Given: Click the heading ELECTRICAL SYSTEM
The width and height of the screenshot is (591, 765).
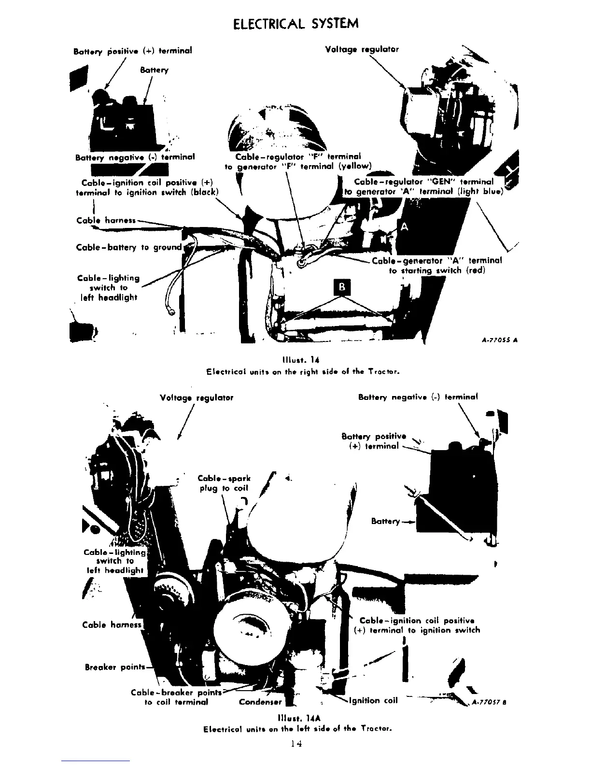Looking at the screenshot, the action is (x=295, y=24).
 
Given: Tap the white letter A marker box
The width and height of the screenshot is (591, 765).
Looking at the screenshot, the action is (x=404, y=227).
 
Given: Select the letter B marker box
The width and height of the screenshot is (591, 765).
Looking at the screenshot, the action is (x=342, y=287).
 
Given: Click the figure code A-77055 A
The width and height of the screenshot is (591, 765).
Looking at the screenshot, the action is (x=500, y=340).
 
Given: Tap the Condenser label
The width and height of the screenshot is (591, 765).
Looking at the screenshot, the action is (x=261, y=702).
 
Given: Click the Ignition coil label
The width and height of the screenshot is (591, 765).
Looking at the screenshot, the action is (x=376, y=701).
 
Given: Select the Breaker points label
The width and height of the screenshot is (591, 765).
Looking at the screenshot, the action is (x=115, y=667).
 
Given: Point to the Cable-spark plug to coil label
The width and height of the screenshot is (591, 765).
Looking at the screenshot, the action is (x=224, y=483).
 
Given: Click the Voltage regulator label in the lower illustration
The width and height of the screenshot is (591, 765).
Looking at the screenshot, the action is (x=196, y=397).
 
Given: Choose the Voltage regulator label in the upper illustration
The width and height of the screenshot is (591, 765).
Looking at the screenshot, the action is (x=362, y=49).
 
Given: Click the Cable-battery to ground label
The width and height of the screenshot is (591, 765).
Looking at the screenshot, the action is (x=129, y=247).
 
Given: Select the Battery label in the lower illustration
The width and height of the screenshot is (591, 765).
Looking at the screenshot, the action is (x=386, y=521).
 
